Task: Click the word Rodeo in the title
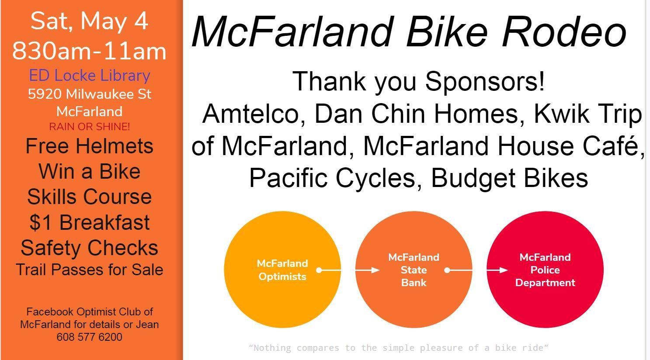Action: click(x=564, y=31)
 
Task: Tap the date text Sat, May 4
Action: click(x=89, y=21)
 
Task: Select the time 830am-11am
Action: click(x=89, y=51)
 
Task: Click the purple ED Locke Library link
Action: click(x=89, y=76)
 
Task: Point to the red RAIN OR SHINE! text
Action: click(x=89, y=127)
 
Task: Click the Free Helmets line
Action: click(x=89, y=146)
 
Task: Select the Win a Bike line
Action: click(x=89, y=171)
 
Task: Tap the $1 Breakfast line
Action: click(x=89, y=223)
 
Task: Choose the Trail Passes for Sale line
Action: click(x=89, y=270)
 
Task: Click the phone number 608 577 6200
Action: click(x=89, y=337)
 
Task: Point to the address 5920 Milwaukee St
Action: click(x=89, y=94)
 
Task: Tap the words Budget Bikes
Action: click(x=510, y=178)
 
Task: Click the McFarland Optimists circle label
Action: click(x=282, y=270)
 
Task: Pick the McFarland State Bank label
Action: click(x=414, y=270)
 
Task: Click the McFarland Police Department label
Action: click(x=545, y=270)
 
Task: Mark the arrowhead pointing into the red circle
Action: click(x=504, y=270)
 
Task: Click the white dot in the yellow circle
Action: click(x=319, y=270)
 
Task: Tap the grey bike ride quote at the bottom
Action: click(x=398, y=347)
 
